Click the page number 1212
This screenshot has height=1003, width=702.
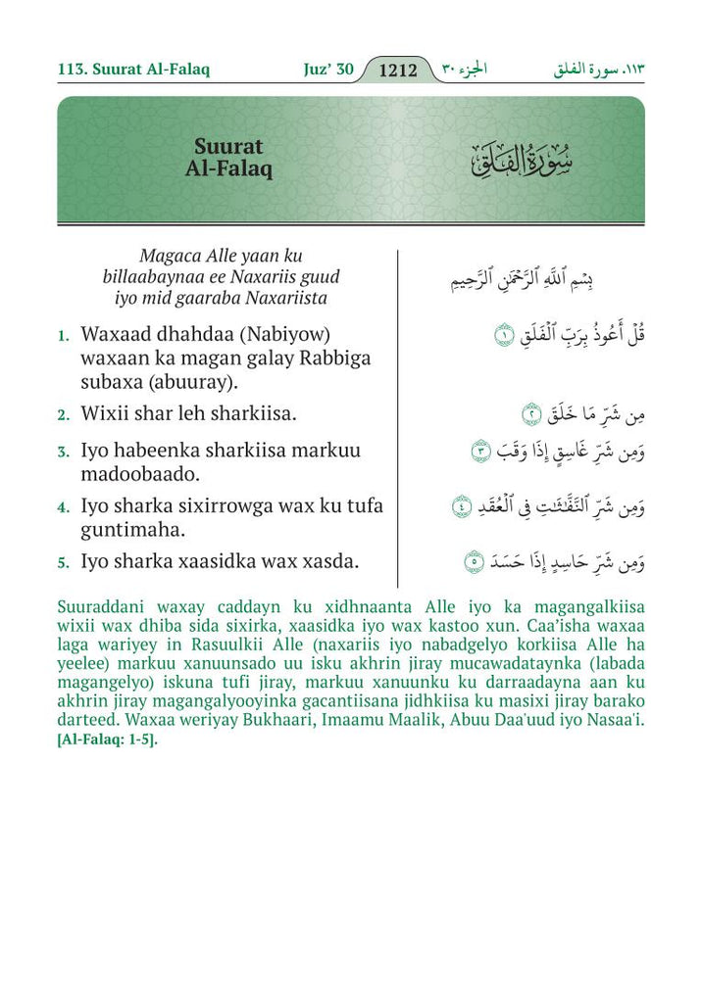coord(398,71)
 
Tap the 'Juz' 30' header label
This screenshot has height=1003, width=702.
coord(327,71)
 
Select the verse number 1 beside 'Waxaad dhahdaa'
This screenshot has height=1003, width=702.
coord(63,336)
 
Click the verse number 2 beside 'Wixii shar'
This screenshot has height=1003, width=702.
coord(63,415)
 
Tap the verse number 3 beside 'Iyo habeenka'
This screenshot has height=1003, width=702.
coord(63,453)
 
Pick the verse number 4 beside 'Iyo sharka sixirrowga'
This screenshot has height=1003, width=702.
coord(63,508)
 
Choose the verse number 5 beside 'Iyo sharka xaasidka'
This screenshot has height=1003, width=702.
coord(63,563)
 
